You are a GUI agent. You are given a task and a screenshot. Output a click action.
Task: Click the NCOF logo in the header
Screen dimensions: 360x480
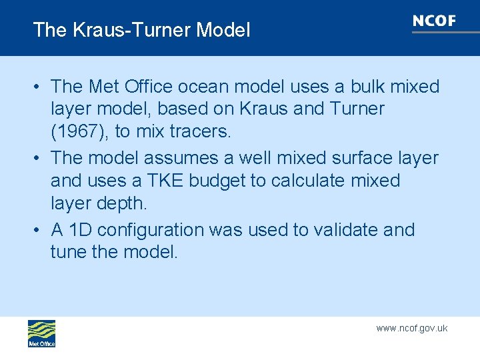click(434, 22)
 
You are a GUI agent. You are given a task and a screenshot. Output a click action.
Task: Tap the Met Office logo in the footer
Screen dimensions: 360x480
click(41, 333)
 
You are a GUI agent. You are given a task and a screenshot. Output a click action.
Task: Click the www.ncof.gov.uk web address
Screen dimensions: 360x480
click(411, 328)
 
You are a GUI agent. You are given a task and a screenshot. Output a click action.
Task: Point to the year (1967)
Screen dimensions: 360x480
click(80, 132)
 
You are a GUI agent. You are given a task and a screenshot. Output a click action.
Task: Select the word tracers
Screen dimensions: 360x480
click(197, 132)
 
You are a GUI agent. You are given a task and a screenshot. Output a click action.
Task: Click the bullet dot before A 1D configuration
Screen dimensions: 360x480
click(40, 231)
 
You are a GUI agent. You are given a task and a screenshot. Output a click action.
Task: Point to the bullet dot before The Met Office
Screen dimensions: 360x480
click(40, 87)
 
